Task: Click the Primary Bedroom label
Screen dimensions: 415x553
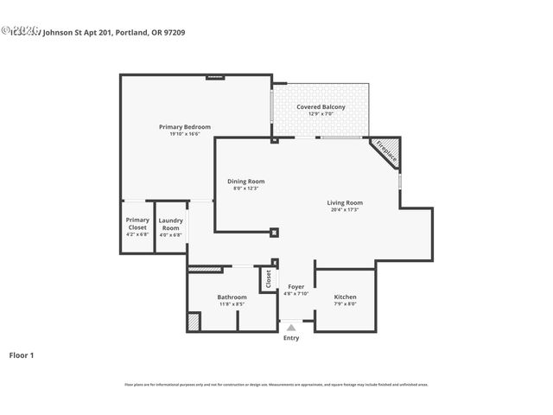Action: tap(184, 127)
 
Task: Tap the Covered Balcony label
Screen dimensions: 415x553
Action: tap(321, 107)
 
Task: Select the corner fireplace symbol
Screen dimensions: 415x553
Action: tap(386, 151)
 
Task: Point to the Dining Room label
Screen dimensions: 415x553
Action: tap(245, 181)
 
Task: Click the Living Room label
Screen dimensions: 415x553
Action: tap(344, 202)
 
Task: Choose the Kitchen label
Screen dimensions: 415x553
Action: tap(345, 297)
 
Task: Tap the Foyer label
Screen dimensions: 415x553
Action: tap(296, 286)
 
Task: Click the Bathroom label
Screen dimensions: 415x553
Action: tap(232, 297)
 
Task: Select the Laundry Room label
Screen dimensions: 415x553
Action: tap(170, 224)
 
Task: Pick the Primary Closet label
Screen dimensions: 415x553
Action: tap(137, 223)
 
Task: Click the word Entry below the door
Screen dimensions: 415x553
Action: tap(291, 337)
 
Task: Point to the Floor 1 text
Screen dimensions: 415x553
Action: tap(22, 354)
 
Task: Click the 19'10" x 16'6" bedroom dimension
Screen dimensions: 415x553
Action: tap(184, 134)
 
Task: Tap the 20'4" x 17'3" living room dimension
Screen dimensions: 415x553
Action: tap(344, 209)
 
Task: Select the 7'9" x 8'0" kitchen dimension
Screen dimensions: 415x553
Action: tap(345, 303)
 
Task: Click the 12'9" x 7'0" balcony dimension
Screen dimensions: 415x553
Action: tap(321, 114)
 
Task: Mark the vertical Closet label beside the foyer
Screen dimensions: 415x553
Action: tap(268, 279)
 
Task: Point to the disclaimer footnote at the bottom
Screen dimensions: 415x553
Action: tap(276, 384)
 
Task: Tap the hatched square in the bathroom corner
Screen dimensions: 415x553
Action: tap(194, 322)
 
